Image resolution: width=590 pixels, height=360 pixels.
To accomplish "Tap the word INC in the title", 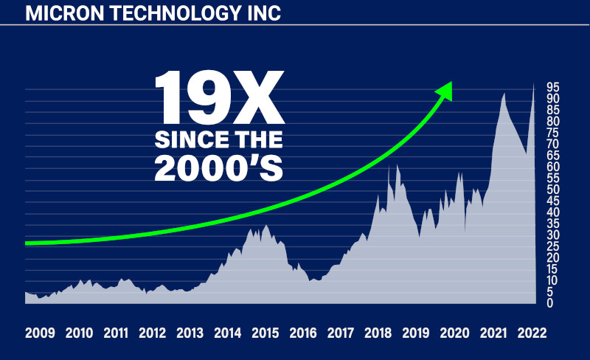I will [x=264, y=13].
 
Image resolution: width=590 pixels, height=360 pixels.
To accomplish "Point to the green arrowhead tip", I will [x=450, y=83].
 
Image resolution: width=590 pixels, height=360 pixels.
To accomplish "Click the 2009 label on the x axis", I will [x=40, y=333].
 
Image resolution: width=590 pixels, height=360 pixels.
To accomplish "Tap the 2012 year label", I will [x=152, y=333].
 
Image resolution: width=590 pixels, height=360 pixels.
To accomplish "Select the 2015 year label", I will [x=265, y=333].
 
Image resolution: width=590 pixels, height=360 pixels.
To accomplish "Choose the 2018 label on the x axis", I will [x=378, y=333].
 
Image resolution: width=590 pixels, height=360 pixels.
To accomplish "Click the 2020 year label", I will [x=453, y=333].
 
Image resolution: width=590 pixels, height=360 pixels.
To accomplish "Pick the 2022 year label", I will [x=532, y=333].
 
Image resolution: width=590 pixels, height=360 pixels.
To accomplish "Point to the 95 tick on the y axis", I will [x=552, y=87].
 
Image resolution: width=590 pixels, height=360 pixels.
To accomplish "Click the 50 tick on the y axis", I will [x=552, y=190].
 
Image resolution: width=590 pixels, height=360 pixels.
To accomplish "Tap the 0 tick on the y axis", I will [x=549, y=303].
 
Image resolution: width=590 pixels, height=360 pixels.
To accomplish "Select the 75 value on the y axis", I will [x=552, y=133].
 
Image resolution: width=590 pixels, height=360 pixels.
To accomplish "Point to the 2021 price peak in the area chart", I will [x=504, y=94].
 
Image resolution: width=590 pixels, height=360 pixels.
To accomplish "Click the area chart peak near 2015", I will [x=266, y=226].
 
